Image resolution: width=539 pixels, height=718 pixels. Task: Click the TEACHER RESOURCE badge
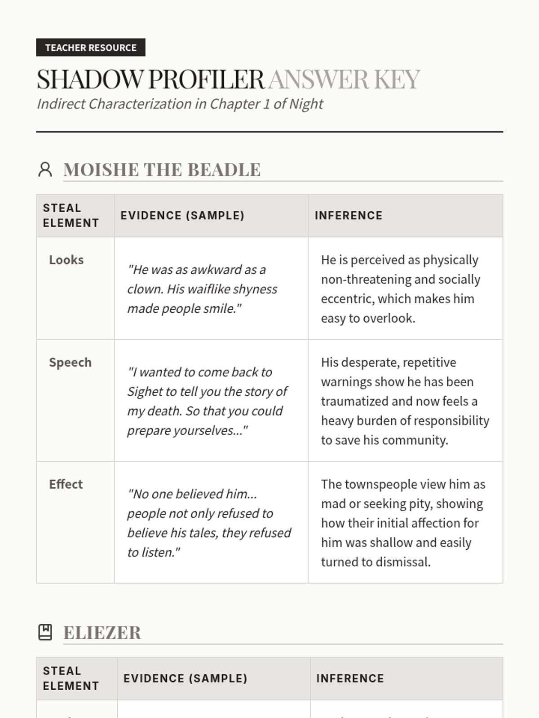click(x=91, y=48)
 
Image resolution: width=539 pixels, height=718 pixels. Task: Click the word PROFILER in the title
click(x=206, y=80)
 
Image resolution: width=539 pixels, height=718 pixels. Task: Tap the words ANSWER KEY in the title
click(x=344, y=80)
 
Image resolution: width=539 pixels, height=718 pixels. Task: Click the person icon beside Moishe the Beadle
click(x=45, y=170)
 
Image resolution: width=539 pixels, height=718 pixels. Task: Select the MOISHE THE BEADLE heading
click(x=162, y=170)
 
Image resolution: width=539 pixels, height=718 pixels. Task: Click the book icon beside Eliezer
click(x=45, y=632)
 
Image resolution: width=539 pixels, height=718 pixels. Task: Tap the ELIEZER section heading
click(x=102, y=633)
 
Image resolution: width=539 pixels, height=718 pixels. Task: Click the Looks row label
click(x=66, y=260)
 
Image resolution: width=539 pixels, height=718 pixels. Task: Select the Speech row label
click(x=70, y=363)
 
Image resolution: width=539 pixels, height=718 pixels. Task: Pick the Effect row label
click(x=66, y=484)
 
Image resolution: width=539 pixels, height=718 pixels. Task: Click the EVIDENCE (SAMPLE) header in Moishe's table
click(x=182, y=215)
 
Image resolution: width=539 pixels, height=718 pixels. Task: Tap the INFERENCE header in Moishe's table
click(x=349, y=215)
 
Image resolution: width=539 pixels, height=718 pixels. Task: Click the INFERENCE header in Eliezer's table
click(x=350, y=679)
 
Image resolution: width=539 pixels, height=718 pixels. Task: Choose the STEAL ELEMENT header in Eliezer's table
click(x=71, y=679)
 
